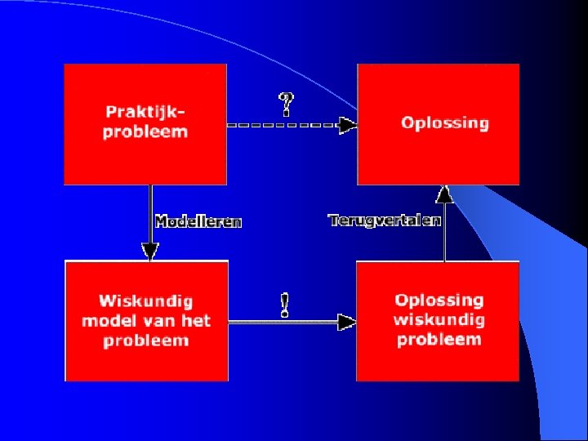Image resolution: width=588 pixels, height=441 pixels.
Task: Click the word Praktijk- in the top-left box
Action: pos(145,111)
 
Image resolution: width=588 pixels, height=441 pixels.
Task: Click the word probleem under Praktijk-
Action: pos(145,131)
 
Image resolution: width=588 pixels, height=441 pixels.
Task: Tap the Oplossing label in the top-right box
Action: pos(444,123)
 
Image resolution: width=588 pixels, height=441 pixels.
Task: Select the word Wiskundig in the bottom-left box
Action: pos(146,301)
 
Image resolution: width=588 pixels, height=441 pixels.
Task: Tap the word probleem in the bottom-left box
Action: pos(146,340)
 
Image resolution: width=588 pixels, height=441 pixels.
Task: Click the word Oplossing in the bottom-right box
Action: pos(439,301)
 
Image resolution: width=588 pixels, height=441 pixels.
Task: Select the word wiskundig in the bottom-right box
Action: pos(439,319)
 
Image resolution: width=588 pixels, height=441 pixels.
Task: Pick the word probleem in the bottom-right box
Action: pos(439,339)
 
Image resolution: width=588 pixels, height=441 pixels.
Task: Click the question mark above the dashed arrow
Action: pos(287,104)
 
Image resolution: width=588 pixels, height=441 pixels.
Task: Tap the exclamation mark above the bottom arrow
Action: pos(284,305)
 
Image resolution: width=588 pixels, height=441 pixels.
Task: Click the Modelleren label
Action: pos(198,221)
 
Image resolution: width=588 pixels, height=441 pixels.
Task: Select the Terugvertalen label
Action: pos(385,220)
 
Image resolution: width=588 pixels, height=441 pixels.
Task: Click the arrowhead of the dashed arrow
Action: pos(348,125)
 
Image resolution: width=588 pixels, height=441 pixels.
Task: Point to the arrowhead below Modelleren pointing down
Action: pos(149,251)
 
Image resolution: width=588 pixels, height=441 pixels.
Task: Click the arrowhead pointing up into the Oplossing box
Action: pos(443,194)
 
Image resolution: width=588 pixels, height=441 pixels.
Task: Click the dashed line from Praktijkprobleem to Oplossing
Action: pos(282,125)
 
